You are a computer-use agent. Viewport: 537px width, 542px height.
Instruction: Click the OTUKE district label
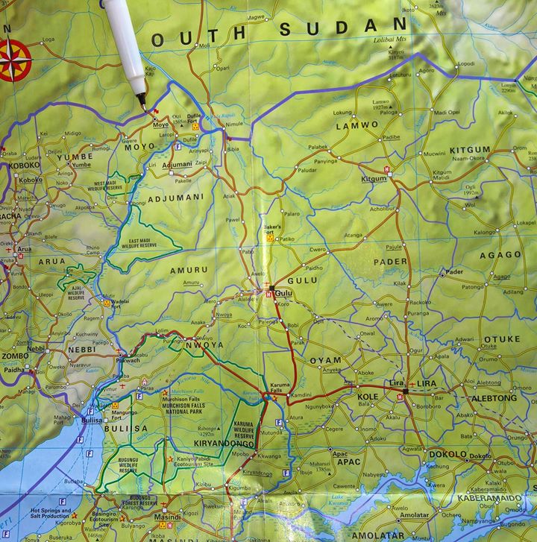[x=501, y=339]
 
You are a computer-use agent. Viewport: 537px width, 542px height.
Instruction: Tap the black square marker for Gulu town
[x=272, y=288]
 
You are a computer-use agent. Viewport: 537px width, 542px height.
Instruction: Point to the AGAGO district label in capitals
[x=500, y=254]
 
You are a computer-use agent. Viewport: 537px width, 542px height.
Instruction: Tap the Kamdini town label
[x=301, y=394]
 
